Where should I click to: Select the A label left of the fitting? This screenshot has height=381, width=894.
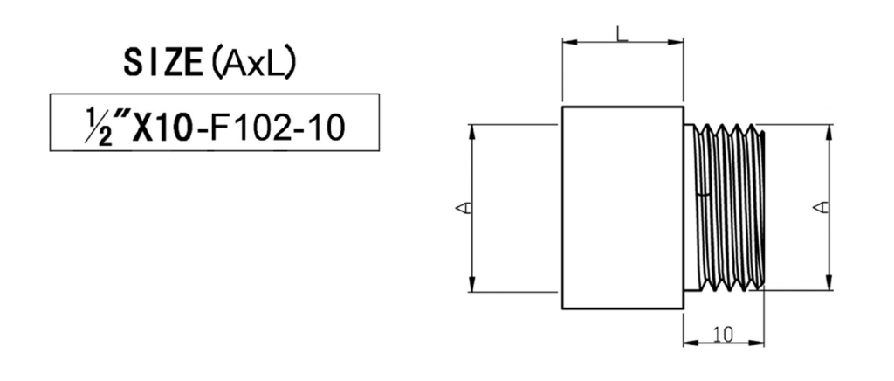coord(464,207)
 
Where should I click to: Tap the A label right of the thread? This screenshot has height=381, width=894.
coord(821,207)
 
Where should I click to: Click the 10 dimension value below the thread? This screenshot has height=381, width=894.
coord(722,334)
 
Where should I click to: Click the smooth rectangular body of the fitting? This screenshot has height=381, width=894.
coord(622,207)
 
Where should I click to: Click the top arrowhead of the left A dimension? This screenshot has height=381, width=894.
coord(472,130)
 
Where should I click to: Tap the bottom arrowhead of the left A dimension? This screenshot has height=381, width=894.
coord(472,286)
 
